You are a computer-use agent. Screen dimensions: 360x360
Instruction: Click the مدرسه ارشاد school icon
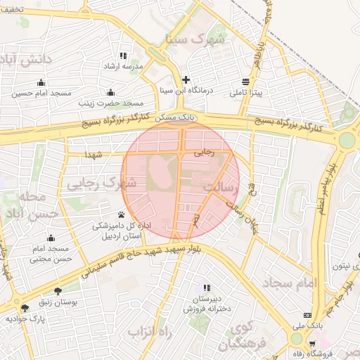(x=124, y=56)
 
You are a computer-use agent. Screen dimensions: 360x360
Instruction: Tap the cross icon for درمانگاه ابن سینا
(x=186, y=79)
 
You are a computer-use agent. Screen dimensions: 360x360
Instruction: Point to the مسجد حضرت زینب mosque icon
(x=110, y=92)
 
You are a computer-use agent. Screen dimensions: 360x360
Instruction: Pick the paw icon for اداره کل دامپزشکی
(x=121, y=214)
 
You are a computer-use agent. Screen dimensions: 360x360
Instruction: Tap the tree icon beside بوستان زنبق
(x=58, y=290)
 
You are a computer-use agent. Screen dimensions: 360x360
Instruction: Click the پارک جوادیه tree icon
(x=25, y=308)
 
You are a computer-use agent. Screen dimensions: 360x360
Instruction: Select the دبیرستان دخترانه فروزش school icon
(x=207, y=288)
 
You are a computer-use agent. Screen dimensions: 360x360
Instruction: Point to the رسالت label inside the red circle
(x=221, y=188)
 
